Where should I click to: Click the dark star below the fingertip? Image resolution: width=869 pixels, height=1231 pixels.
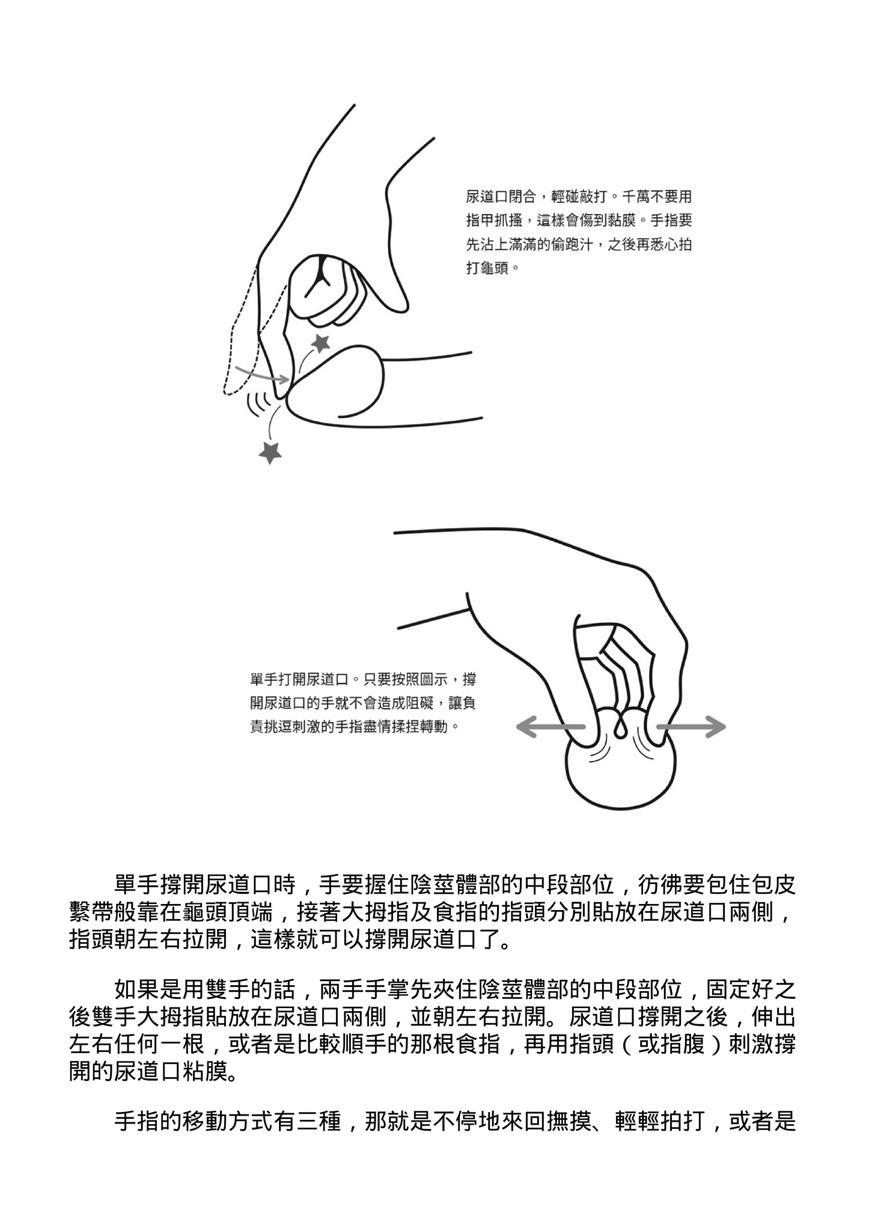point(270,451)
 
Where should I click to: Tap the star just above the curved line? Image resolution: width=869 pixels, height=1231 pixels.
point(322,343)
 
